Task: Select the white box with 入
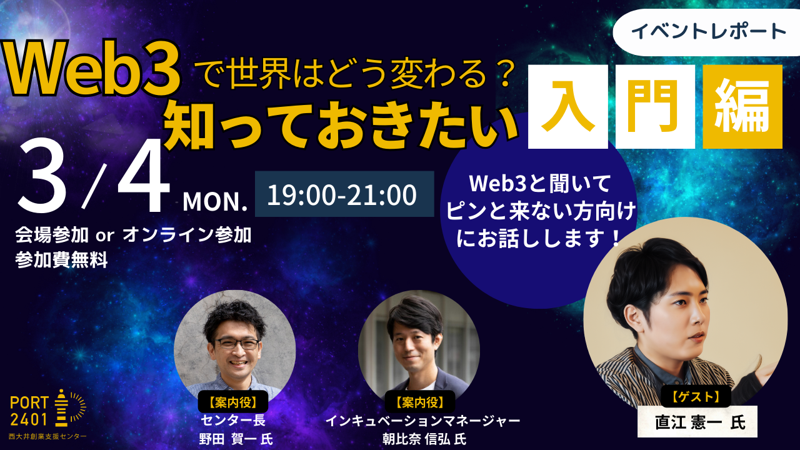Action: click(567, 107)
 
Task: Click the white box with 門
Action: click(655, 107)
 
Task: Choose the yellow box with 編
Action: click(742, 107)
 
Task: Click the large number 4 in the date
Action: click(144, 178)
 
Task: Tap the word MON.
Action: click(216, 202)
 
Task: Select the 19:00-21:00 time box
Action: click(342, 194)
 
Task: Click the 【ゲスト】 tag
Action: click(696, 396)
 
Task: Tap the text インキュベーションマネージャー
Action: click(422, 421)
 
